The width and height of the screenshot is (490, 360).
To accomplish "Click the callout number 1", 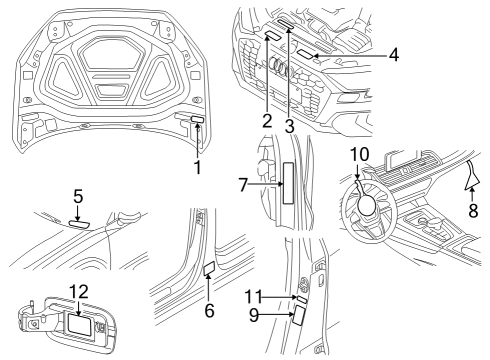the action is [198, 167].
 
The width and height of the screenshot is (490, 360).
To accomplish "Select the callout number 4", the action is [394, 54].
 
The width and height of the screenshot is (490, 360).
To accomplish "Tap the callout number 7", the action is [243, 185].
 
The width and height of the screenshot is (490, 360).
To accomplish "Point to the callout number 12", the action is [79, 292].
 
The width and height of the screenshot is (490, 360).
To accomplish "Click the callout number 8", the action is [473, 211].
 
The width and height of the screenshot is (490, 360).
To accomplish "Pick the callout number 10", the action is [360, 154].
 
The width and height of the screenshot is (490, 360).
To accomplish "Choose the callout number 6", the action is [209, 311].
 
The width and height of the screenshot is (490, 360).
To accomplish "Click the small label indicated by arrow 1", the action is [197, 119].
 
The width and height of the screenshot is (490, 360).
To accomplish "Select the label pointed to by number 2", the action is [272, 35].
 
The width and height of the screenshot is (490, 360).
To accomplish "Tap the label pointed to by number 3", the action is [286, 24].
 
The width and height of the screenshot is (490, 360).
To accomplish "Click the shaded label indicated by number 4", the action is [305, 54].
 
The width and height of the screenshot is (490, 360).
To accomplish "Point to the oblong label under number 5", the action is [79, 223].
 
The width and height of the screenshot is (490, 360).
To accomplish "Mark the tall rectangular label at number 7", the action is [288, 183].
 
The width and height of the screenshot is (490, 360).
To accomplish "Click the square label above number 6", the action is [209, 268].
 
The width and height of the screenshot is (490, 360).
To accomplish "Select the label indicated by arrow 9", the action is [298, 315].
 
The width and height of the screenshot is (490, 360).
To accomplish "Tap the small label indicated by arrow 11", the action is [302, 299].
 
